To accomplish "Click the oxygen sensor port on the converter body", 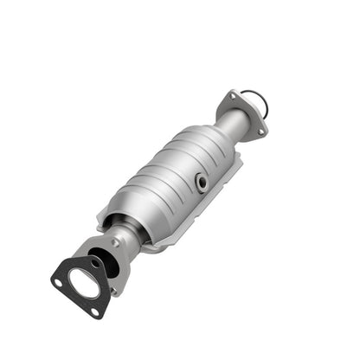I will click(x=201, y=183).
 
